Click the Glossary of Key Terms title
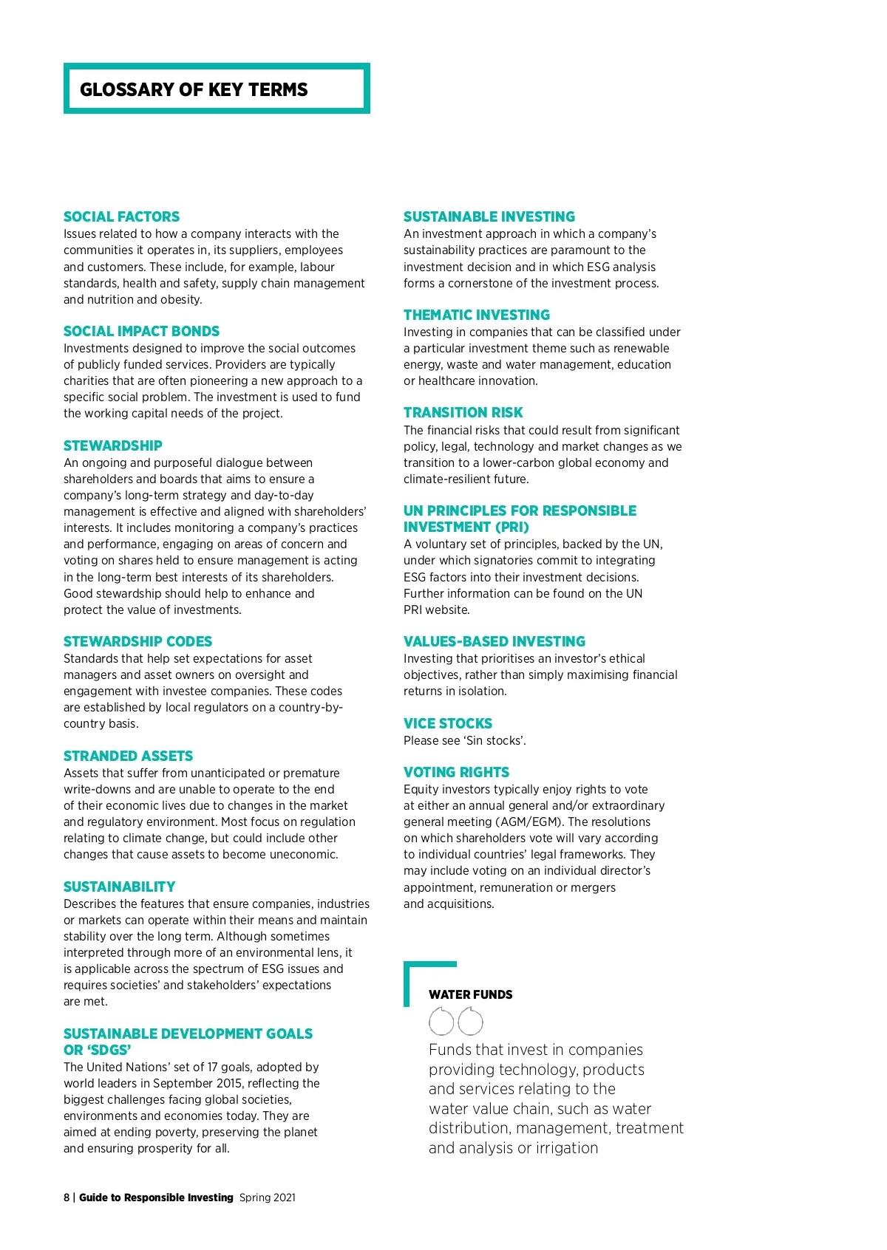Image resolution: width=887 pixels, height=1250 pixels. coord(194,89)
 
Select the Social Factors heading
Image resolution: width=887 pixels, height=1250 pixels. coord(121,216)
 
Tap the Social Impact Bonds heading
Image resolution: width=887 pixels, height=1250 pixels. coord(141,331)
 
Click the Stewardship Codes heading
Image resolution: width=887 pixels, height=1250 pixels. coord(137,641)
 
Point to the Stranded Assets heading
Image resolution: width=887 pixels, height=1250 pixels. coord(128,756)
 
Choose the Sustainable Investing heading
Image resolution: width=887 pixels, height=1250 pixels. coord(489,216)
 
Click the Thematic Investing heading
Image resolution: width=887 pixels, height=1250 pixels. coord(477,315)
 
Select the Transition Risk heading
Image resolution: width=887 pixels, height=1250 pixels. coord(463,412)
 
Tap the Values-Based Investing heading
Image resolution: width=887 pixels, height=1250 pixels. coord(494,641)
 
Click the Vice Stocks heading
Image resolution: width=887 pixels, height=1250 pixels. coord(447,723)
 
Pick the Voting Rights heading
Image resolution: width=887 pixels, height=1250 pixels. coord(456,772)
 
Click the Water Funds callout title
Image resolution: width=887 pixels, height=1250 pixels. coord(470,994)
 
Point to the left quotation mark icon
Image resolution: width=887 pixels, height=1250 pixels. coord(441,1022)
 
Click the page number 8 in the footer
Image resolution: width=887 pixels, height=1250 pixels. coord(67,1198)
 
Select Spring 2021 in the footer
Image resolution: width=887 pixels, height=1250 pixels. coord(267,1198)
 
